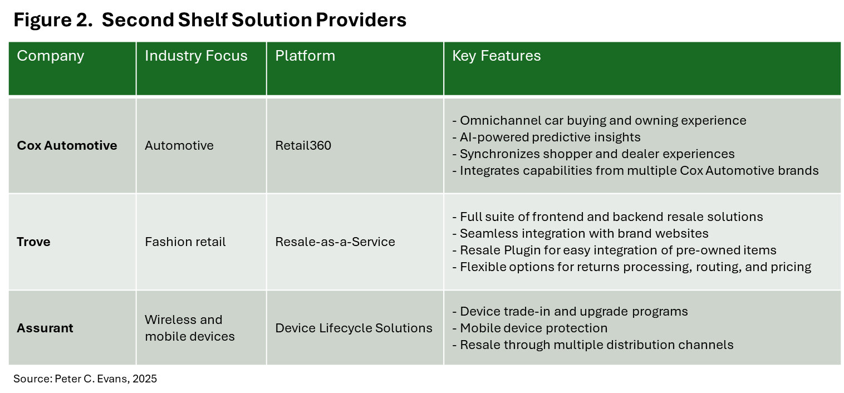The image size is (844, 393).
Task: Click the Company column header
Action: coord(51,56)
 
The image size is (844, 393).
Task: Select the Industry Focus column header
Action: coord(196,56)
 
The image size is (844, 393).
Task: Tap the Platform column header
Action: coord(305,56)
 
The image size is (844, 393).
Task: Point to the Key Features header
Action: coord(496,56)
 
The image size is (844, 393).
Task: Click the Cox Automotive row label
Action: coord(67,145)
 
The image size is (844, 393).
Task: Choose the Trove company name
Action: coord(33,242)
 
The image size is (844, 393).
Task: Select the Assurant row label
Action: coord(45,328)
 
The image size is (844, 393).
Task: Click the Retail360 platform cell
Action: coord(303,145)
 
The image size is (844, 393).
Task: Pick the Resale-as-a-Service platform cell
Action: coord(335,242)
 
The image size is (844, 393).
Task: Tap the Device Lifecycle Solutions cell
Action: coord(354,328)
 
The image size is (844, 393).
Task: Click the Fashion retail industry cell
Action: coord(185,242)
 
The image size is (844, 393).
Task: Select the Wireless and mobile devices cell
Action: coord(189,328)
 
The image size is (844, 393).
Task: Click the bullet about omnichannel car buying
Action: coord(599,120)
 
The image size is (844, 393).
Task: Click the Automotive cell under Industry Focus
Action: coord(179,145)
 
